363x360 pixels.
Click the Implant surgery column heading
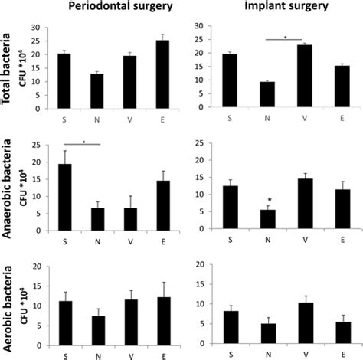286,8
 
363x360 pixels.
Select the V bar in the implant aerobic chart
304,322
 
